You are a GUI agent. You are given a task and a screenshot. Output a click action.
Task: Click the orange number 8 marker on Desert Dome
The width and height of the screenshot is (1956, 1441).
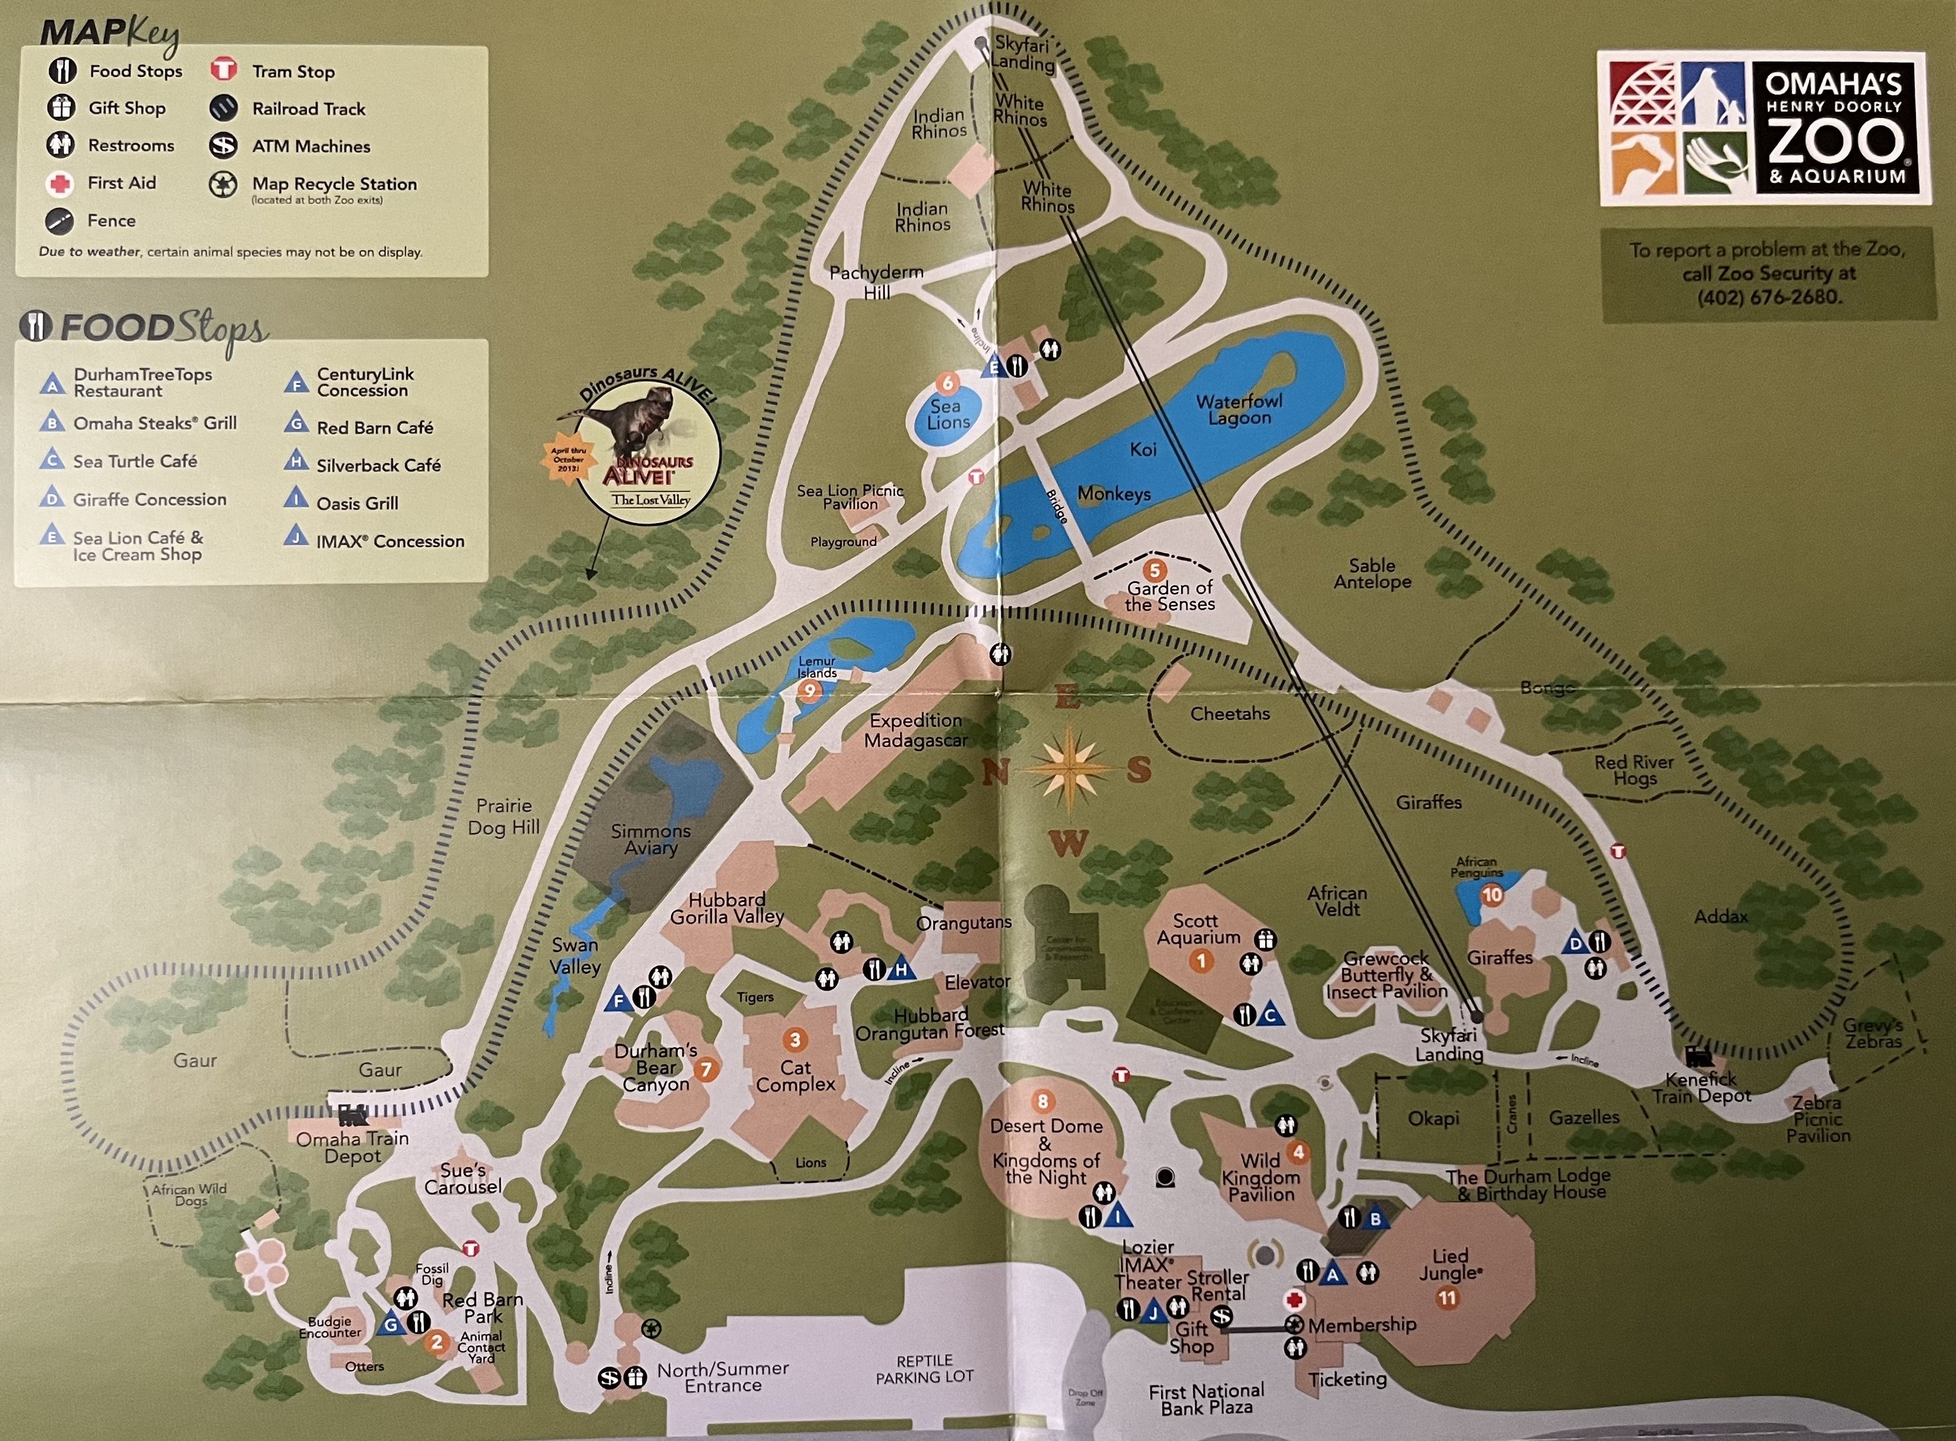point(1042,1101)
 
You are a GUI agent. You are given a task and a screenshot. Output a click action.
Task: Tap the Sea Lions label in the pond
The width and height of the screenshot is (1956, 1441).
point(948,414)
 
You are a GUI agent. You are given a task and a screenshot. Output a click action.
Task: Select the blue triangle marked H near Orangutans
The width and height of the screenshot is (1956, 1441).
point(901,969)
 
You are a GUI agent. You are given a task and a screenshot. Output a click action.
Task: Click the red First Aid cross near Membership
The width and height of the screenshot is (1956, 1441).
point(1294,1300)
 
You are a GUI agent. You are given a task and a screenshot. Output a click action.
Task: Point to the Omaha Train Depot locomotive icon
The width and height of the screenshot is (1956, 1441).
point(352,1115)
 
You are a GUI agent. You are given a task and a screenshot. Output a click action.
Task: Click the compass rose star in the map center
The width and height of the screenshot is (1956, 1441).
point(1067,769)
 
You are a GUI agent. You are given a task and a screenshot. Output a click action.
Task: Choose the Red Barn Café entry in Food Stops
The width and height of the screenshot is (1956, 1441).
point(374,428)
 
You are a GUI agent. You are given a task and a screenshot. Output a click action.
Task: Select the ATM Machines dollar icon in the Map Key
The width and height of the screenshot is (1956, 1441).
point(224,145)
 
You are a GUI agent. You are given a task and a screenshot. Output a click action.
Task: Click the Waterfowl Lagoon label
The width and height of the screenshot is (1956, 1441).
point(1239,409)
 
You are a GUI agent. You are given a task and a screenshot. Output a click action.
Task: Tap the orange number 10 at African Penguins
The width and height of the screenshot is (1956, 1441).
point(1492,894)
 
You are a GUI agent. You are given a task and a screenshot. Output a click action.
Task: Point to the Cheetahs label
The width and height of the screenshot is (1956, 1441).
point(1229,714)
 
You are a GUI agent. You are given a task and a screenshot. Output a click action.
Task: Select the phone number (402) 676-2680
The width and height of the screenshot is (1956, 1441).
point(1768,297)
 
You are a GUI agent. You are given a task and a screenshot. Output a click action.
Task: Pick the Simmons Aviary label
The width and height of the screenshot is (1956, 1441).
point(650,839)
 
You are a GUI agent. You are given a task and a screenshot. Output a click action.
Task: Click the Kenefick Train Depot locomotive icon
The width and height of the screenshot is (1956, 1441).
point(1698,1058)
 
